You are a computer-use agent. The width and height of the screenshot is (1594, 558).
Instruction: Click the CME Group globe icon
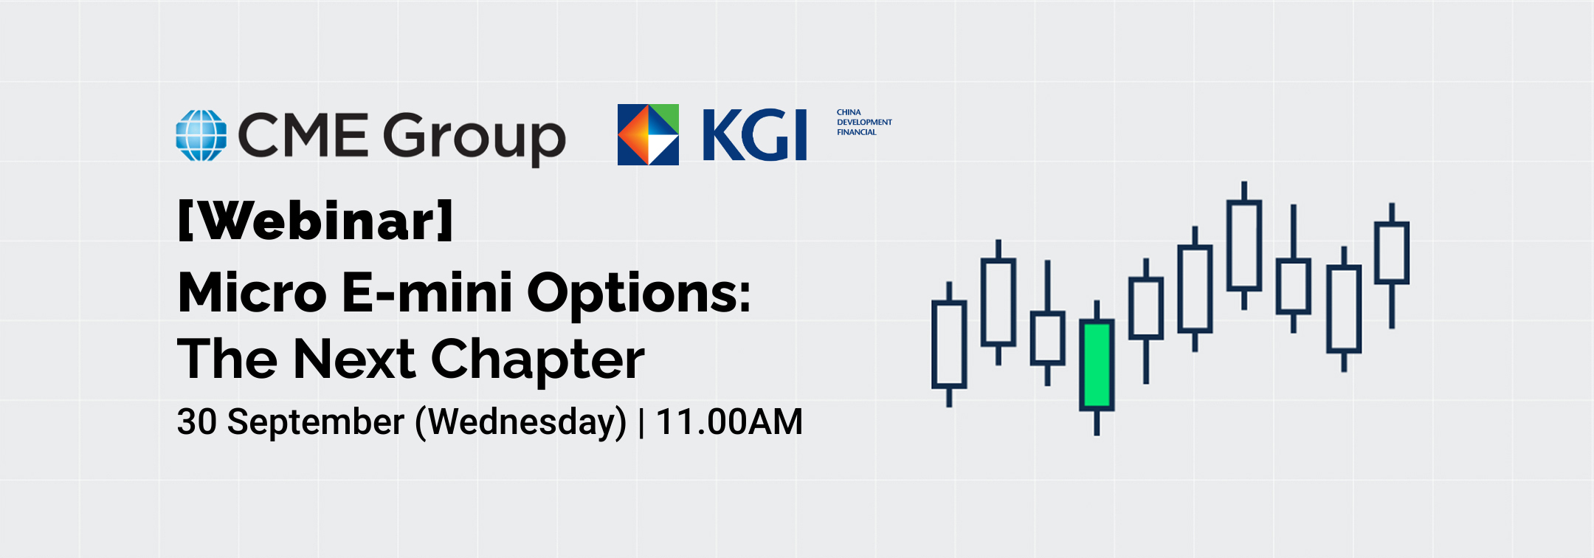tap(201, 135)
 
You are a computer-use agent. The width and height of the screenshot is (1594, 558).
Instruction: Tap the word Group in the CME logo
tap(474, 138)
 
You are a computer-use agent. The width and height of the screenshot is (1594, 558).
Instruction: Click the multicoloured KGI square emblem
tap(648, 134)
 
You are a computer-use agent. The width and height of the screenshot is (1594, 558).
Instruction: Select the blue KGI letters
tap(754, 134)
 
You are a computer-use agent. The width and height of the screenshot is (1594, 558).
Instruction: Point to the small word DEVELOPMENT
tap(864, 123)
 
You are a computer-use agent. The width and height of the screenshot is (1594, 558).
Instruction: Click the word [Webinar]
tap(316, 221)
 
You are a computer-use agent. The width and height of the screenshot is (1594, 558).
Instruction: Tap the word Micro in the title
tap(252, 292)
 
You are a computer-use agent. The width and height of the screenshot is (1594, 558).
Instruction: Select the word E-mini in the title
tap(427, 292)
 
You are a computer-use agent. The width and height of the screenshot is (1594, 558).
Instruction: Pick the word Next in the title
tap(355, 359)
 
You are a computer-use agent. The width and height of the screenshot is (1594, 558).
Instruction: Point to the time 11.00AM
tap(729, 422)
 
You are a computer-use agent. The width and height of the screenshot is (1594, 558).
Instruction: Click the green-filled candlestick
tap(1097, 365)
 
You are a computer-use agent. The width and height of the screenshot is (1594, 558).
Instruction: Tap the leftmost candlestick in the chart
tap(949, 343)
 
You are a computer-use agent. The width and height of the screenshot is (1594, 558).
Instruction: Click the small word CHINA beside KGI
tap(849, 112)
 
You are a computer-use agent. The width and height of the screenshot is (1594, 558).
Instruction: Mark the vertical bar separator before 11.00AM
tap(641, 423)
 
